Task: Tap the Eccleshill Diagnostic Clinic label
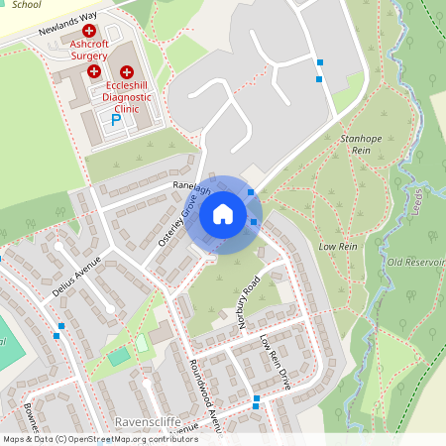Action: pyautogui.click(x=129, y=96)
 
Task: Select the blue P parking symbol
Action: pyautogui.click(x=115, y=121)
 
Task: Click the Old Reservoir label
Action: pyautogui.click(x=415, y=263)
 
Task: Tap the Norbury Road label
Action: pyautogui.click(x=247, y=293)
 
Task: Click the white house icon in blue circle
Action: pyautogui.click(x=223, y=214)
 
